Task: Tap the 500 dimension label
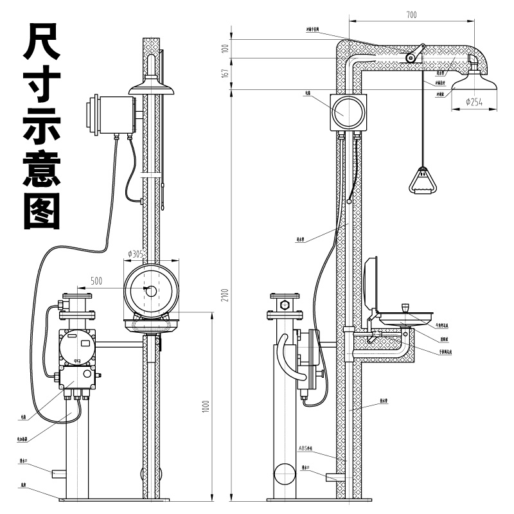tap(96, 280)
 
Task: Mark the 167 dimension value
tap(226, 74)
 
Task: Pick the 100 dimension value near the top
tap(226, 49)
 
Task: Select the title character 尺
tap(42, 42)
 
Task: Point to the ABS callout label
tap(305, 448)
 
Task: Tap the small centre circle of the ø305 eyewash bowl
tap(152, 290)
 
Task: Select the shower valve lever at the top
tap(415, 54)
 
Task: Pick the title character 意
tap(42, 168)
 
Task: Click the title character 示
tap(42, 126)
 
